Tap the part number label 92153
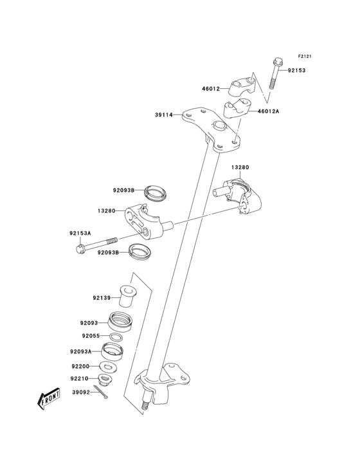[296, 70]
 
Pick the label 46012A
[269, 111]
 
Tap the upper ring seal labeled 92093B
[154, 191]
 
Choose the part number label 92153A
[80, 234]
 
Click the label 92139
[101, 298]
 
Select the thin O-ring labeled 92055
[116, 337]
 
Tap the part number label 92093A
[81, 351]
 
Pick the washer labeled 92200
[109, 367]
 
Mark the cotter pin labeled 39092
[101, 392]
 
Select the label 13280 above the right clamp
[240, 167]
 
